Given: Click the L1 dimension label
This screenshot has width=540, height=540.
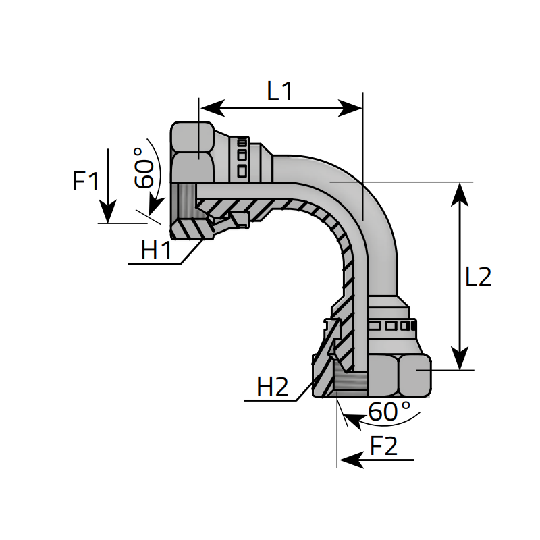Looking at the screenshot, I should click(279, 91).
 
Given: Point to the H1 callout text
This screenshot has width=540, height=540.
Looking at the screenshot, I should click(157, 250).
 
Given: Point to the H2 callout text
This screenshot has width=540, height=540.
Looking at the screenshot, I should click(273, 387).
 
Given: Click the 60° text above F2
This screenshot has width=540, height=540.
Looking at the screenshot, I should click(389, 411).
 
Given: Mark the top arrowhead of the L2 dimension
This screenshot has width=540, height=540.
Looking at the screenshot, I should click(460, 193).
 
